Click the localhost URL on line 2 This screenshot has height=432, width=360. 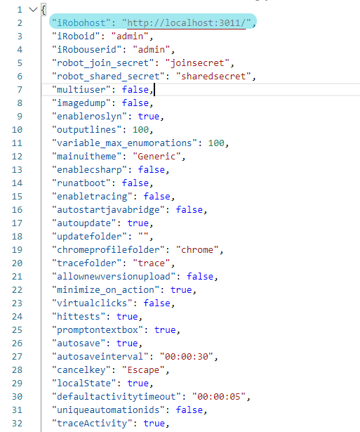pyautogui.click(x=187, y=23)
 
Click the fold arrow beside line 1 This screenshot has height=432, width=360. pyautogui.click(x=33, y=10)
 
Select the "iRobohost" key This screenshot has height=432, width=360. pyautogui.click(x=81, y=23)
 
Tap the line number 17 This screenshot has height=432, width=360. pyautogui.click(x=17, y=223)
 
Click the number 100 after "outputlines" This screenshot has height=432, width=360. pyautogui.click(x=140, y=130)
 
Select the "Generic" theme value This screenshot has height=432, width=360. pyautogui.click(x=156, y=157)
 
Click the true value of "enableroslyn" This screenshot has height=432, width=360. pyautogui.click(x=149, y=117)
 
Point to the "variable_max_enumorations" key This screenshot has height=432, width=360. pyautogui.click(x=125, y=143)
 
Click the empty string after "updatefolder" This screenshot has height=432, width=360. pyautogui.click(x=143, y=236)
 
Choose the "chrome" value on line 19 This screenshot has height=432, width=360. pyautogui.click(x=197, y=250)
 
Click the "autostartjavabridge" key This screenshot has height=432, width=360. pyautogui.click(x=111, y=210)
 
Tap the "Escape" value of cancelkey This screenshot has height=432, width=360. pyautogui.click(x=143, y=370)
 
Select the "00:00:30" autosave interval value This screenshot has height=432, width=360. pyautogui.click(x=187, y=357)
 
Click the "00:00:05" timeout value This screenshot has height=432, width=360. pyautogui.click(x=219, y=397)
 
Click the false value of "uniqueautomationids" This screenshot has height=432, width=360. pyautogui.click(x=189, y=410)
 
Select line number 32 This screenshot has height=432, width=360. pyautogui.click(x=17, y=424)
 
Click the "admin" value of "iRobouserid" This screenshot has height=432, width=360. pyautogui.click(x=152, y=50)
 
